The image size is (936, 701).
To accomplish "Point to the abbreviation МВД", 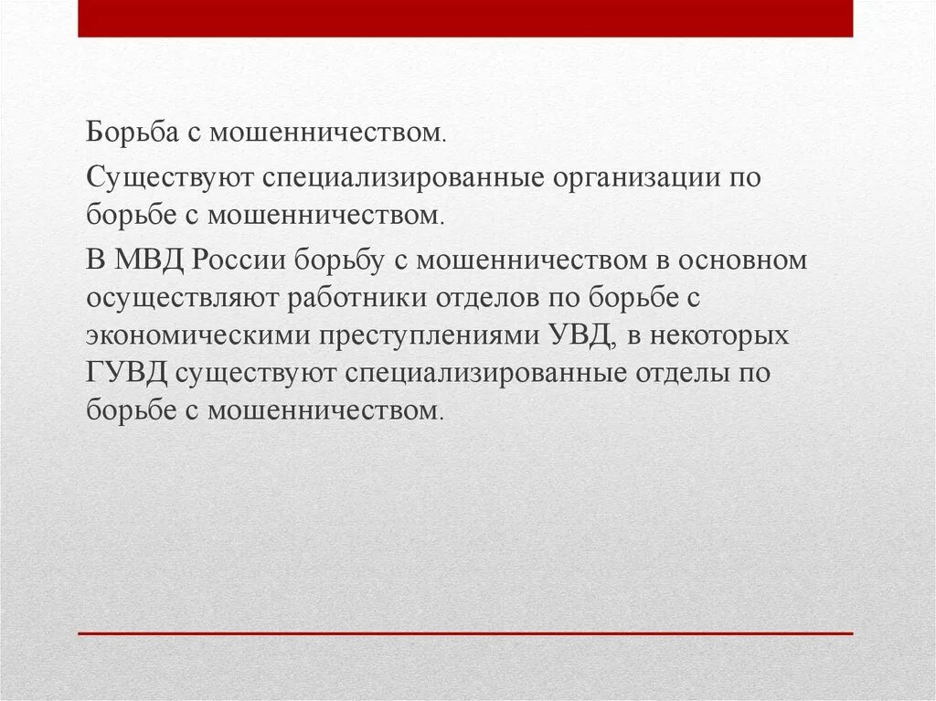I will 151,260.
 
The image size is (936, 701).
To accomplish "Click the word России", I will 239,260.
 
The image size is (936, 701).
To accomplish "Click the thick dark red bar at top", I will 465,18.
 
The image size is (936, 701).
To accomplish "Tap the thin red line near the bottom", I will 465,633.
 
